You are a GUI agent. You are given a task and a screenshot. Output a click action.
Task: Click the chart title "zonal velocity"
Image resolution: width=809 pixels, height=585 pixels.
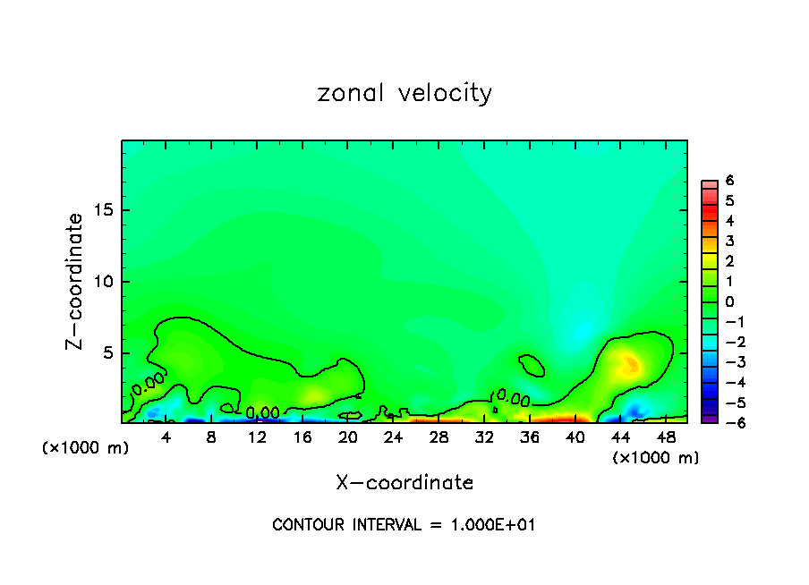pyautogui.click(x=404, y=93)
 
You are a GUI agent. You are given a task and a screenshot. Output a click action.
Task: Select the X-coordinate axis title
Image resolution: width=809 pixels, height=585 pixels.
pyautogui.click(x=404, y=483)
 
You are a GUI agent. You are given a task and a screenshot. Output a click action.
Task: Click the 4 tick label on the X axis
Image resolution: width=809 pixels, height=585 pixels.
pyautogui.click(x=166, y=437)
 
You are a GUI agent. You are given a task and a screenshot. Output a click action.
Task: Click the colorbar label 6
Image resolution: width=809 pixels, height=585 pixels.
pyautogui.click(x=729, y=181)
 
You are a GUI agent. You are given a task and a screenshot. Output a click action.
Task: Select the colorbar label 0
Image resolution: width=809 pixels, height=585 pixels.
pyautogui.click(x=729, y=301)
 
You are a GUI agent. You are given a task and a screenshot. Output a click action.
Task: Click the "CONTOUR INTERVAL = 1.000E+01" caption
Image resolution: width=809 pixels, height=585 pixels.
pyautogui.click(x=404, y=525)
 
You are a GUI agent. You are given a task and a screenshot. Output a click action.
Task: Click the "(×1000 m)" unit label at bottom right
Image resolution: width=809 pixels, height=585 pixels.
pyautogui.click(x=656, y=458)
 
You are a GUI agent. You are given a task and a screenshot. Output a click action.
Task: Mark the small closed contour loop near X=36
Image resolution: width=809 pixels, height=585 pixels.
pyautogui.click(x=532, y=364)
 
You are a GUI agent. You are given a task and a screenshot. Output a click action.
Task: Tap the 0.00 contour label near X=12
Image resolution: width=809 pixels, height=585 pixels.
pyautogui.click(x=261, y=412)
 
